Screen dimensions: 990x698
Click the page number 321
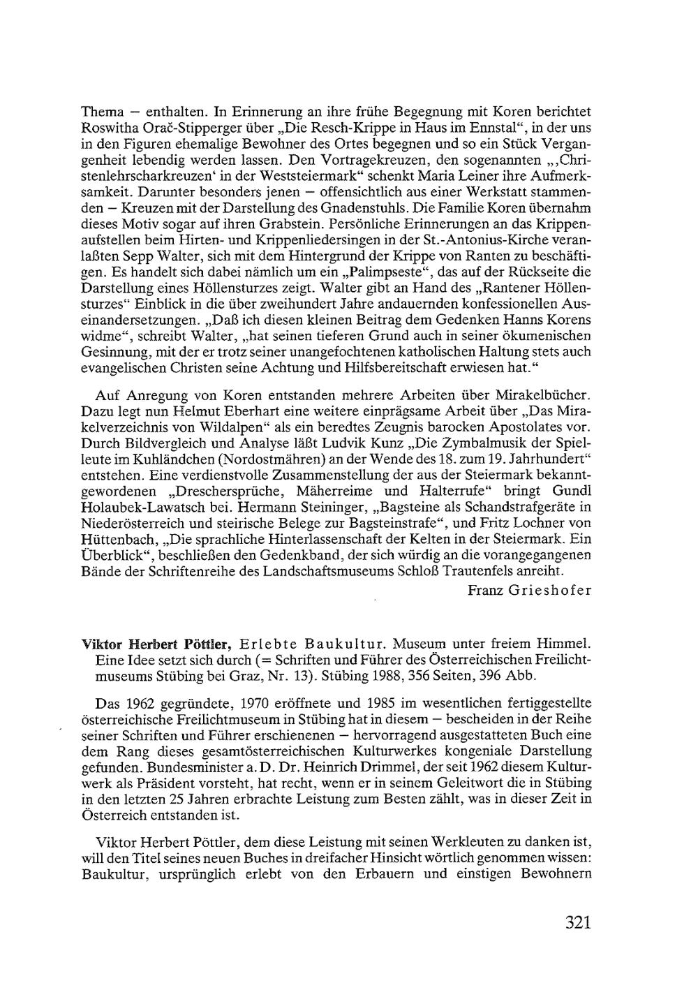(578, 922)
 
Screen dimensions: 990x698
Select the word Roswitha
(106, 128)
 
